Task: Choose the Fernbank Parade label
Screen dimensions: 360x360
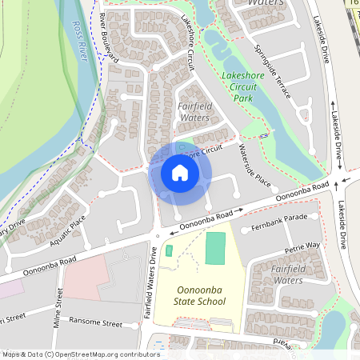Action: tap(279, 218)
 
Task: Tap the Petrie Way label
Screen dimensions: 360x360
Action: tap(305, 246)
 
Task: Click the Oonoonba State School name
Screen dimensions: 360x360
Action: tap(200, 295)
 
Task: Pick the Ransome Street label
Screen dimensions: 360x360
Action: tap(97, 322)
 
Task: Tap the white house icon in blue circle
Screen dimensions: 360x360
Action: tap(180, 173)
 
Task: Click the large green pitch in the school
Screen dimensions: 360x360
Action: tap(215, 247)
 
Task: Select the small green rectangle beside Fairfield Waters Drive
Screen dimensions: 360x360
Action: tap(169, 250)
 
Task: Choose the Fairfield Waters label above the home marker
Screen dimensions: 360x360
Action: tap(194, 112)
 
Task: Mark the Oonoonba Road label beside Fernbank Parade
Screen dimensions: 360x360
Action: tap(302, 192)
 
